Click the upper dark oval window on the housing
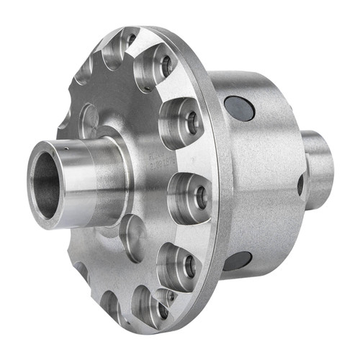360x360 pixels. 238,108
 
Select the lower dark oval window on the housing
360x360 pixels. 237,260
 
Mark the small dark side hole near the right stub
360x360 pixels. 300,186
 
